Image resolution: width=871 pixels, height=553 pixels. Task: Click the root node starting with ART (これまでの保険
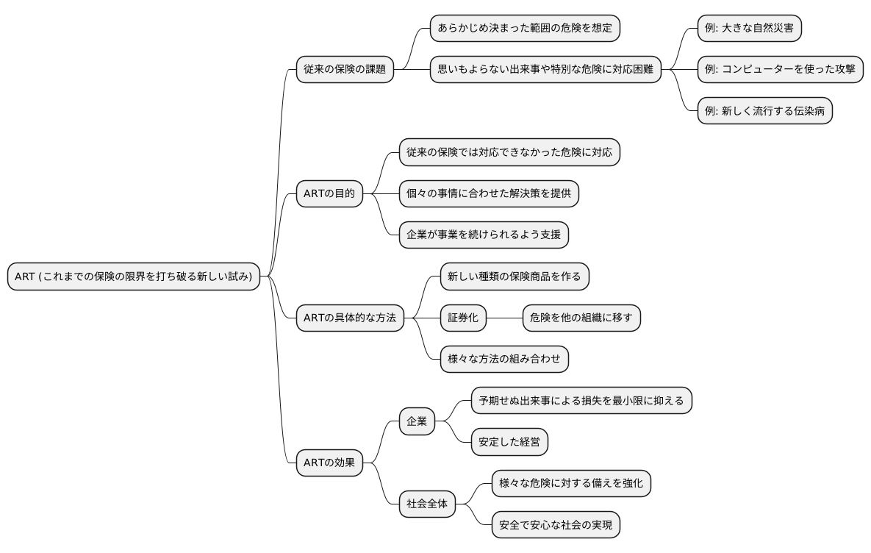(x=134, y=276)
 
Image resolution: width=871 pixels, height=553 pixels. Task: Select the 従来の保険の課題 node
(x=344, y=70)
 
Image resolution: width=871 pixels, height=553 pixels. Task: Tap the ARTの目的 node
(x=329, y=194)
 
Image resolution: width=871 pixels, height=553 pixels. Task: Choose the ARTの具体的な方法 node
(x=349, y=318)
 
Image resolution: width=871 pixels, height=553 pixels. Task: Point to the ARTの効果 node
(x=329, y=463)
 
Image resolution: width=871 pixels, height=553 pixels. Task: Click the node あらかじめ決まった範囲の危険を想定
(x=525, y=29)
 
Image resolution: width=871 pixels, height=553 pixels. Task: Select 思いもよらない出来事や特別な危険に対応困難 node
(x=545, y=70)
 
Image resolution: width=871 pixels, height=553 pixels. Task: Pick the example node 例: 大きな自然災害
(x=749, y=29)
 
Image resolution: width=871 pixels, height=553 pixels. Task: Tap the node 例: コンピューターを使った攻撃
(x=780, y=70)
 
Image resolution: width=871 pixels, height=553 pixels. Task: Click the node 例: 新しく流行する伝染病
(x=764, y=111)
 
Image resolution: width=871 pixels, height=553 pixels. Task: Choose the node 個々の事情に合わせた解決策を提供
(x=489, y=194)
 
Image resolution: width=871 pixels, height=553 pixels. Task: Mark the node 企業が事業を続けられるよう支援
(x=484, y=235)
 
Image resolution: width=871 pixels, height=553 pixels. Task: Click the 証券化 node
(x=463, y=318)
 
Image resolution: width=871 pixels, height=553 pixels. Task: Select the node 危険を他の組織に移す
(x=581, y=318)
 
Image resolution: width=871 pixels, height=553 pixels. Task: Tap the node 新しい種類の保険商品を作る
(x=515, y=276)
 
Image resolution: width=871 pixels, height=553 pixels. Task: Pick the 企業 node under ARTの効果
(x=417, y=421)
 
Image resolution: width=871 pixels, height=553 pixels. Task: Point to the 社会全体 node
(x=427, y=504)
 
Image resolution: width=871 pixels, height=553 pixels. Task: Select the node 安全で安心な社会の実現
(x=556, y=525)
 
